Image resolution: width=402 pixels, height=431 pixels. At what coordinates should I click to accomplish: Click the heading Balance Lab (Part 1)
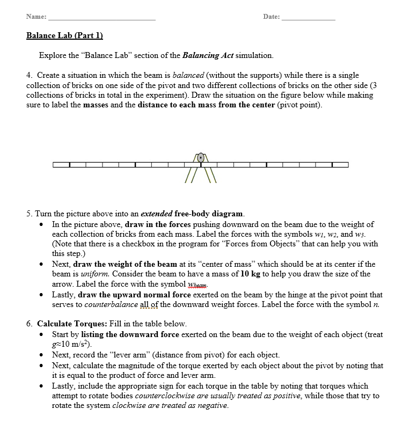[x=64, y=36]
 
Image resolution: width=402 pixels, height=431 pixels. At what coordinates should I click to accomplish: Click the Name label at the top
[x=36, y=17]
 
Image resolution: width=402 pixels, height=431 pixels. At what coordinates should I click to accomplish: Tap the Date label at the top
[x=271, y=17]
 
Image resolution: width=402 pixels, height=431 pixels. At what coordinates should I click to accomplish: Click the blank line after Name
[x=101, y=18]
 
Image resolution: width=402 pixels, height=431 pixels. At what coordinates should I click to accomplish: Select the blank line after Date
[x=308, y=18]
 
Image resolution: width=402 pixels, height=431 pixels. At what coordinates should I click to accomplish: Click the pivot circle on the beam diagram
[x=201, y=158]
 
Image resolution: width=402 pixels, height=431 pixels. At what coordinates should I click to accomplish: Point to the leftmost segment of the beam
[x=61, y=164]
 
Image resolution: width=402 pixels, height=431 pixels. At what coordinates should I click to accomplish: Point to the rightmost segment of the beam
[x=340, y=164]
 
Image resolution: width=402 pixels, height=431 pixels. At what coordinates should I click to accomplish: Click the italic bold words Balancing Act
[x=208, y=55]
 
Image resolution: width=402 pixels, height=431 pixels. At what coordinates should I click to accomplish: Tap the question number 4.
[x=29, y=76]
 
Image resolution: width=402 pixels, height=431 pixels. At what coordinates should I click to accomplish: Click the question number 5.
[x=29, y=214]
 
